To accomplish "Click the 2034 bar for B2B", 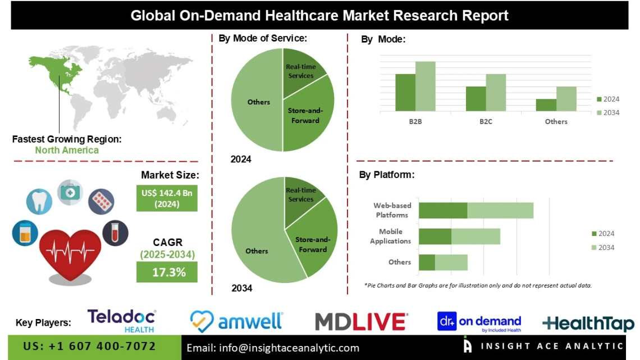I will point(426,86).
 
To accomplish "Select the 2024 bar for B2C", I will point(476,99).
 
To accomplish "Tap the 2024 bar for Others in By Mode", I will point(546,105).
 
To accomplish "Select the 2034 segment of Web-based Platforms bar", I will point(500,210).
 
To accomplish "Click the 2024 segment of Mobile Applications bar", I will point(435,236).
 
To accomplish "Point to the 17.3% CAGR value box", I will point(167,272).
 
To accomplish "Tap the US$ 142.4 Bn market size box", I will point(167,198).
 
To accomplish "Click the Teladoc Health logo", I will point(122,320).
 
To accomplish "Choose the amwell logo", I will point(236,321).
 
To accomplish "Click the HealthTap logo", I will point(588,323).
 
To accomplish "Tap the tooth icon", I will point(40,200).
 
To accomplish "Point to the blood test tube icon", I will point(116,233).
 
